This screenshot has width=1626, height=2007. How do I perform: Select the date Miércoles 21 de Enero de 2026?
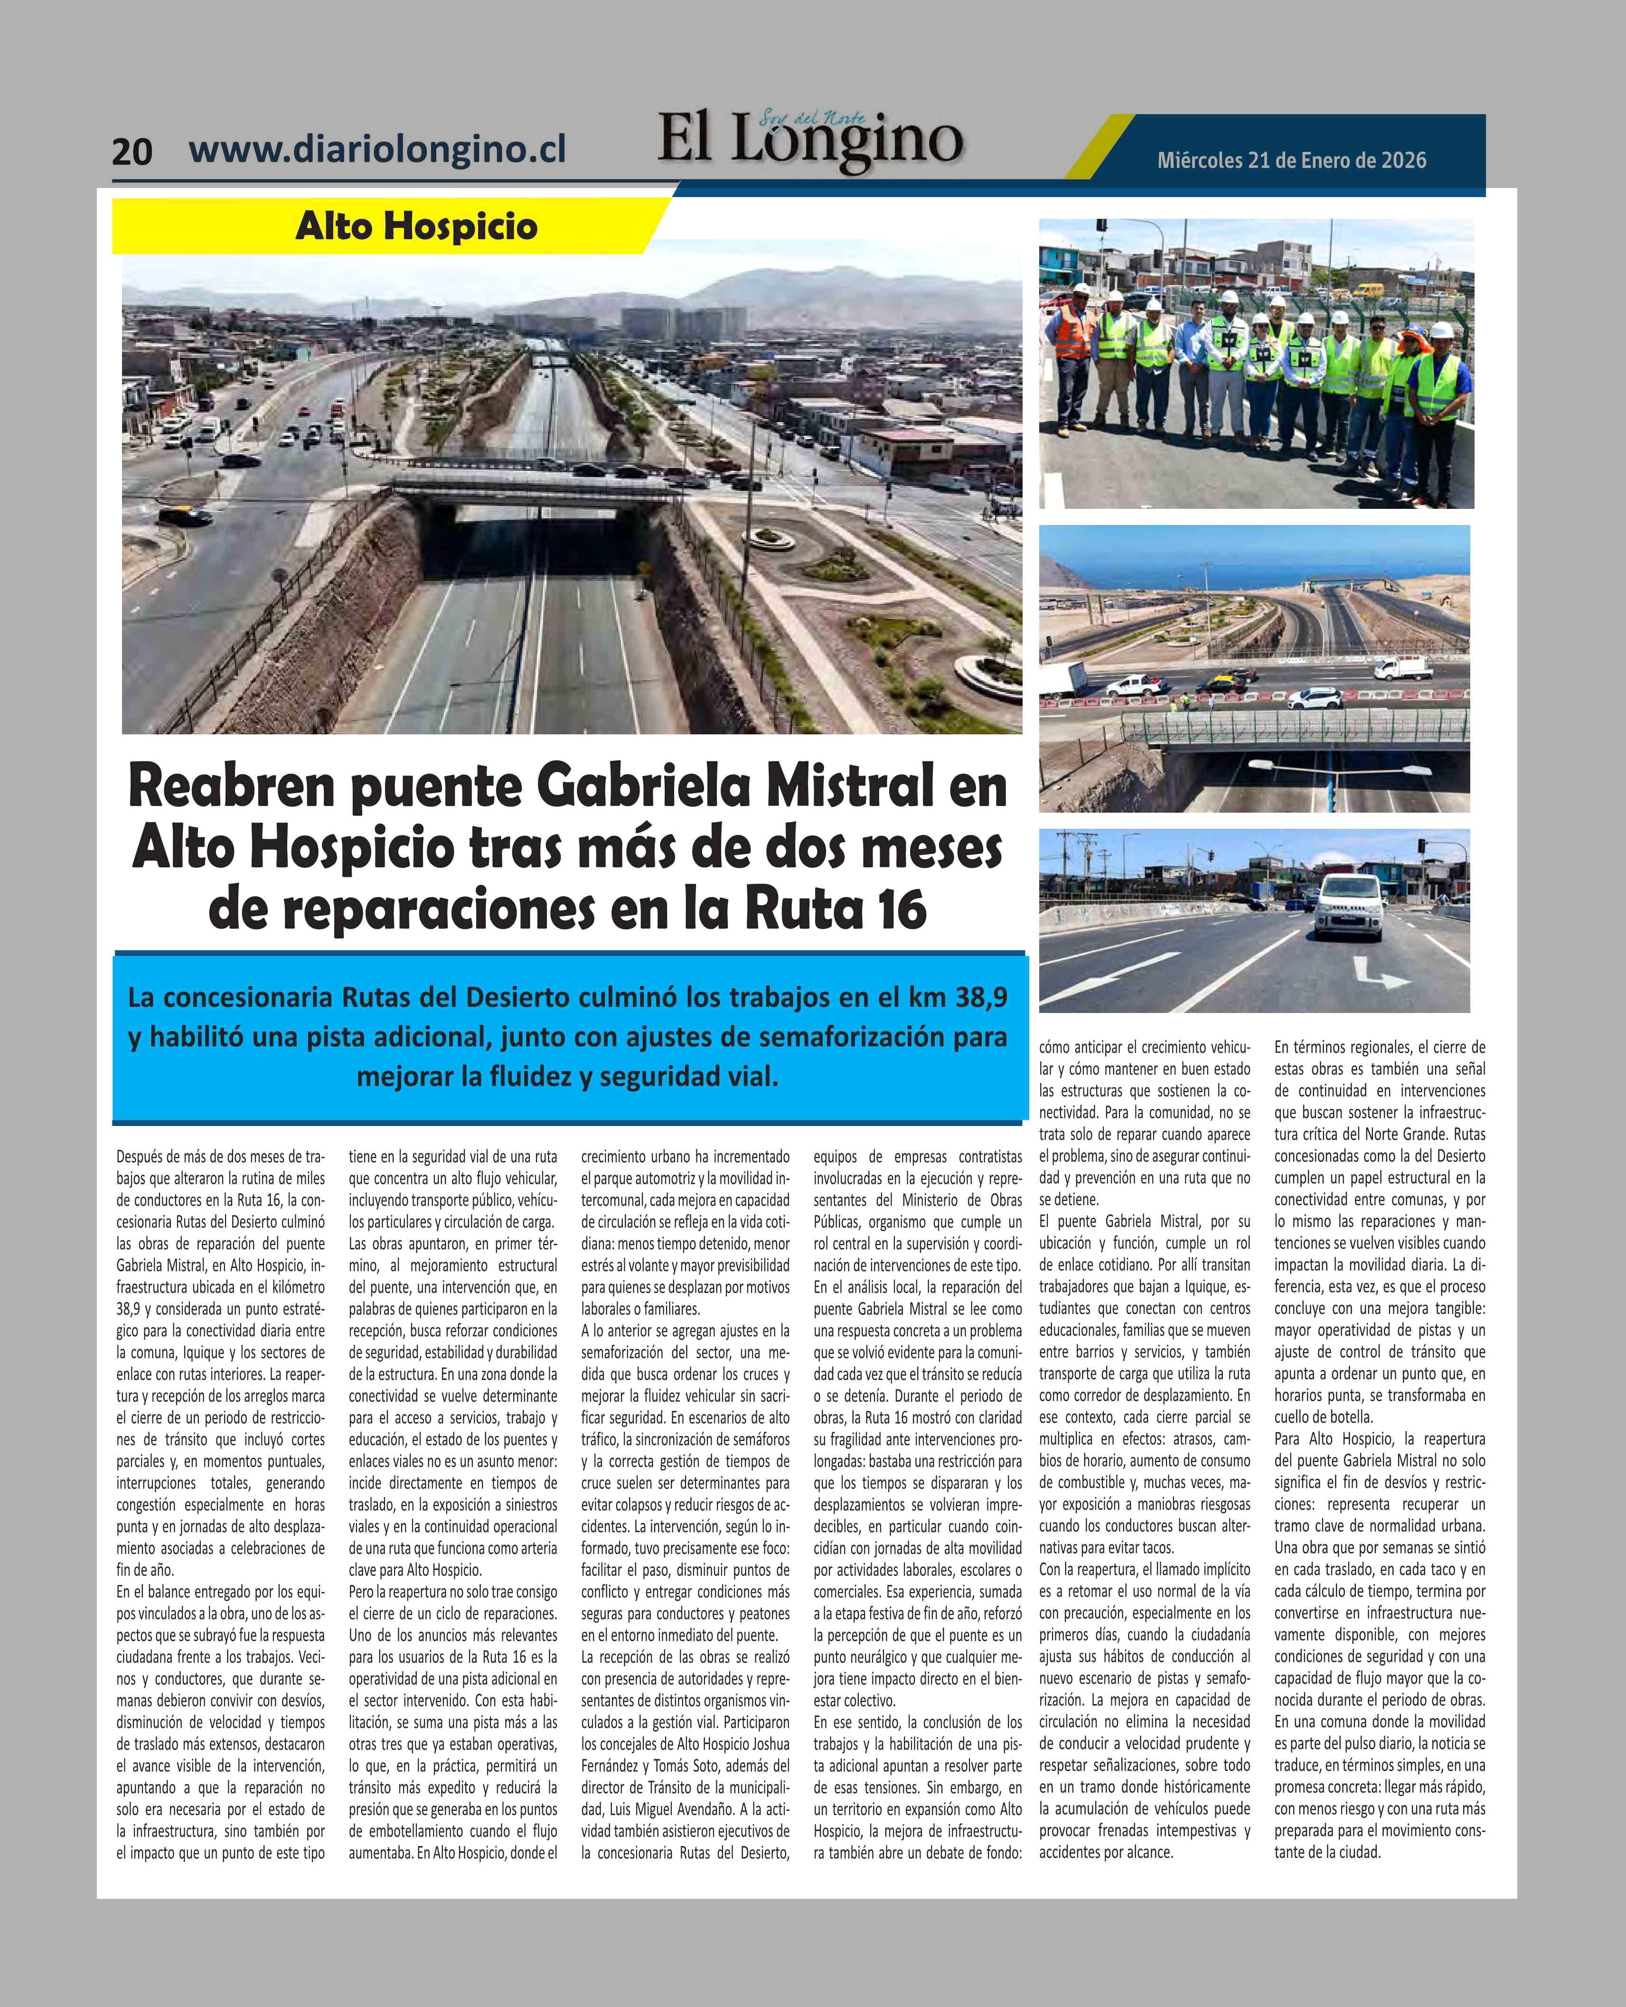1292,160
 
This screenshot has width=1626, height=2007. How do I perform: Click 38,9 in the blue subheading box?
975,997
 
